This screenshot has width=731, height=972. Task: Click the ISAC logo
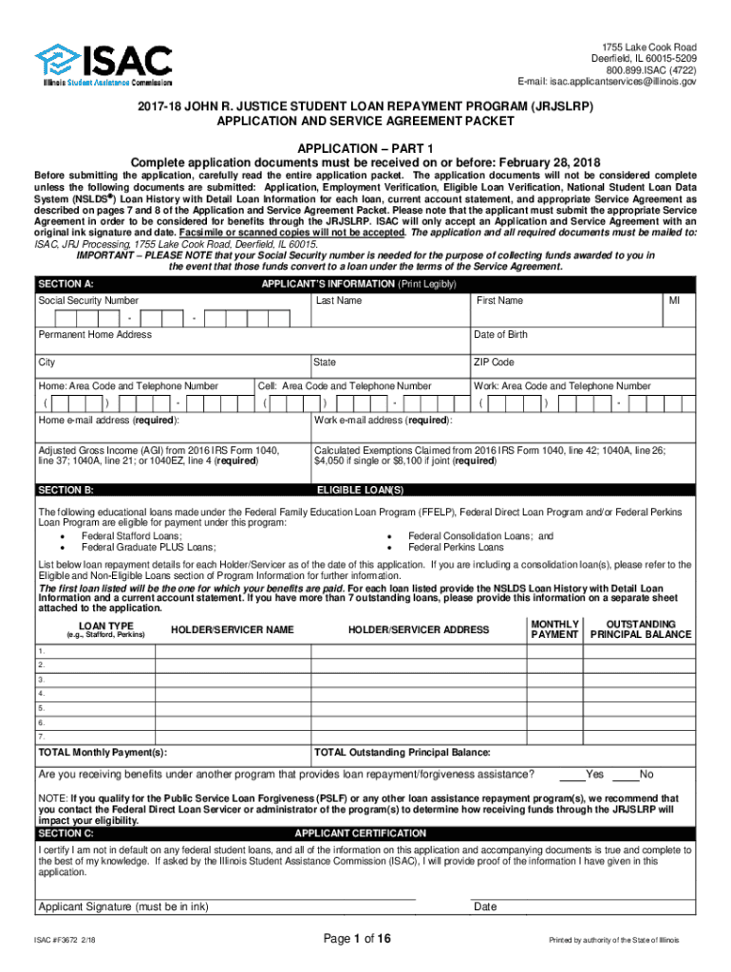point(104,65)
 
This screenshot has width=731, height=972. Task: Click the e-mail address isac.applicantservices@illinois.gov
point(607,83)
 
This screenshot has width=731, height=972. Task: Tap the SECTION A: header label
point(66,284)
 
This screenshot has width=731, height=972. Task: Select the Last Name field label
point(339,301)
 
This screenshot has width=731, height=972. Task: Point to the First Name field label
point(499,301)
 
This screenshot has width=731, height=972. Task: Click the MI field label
point(674,301)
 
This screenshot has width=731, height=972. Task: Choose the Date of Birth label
point(500,335)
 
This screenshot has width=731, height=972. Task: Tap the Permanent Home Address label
point(94,335)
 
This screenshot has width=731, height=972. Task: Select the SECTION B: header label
point(66,490)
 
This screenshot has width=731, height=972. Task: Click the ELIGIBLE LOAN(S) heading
point(360,490)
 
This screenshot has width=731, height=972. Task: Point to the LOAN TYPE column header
point(105,627)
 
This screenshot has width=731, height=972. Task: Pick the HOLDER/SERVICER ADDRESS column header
point(419,629)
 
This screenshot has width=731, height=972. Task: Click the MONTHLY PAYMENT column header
point(554,628)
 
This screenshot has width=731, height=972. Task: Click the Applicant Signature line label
point(122,907)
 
